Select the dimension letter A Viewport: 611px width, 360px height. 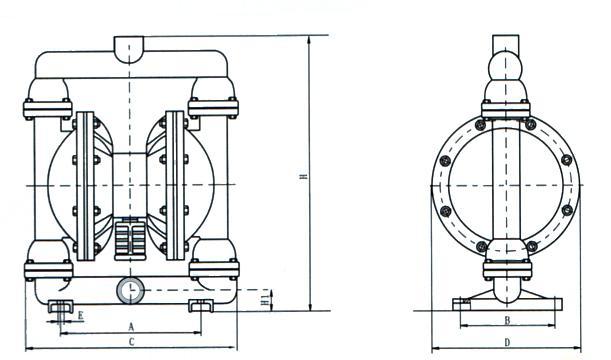click(131, 326)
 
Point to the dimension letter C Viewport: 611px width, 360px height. click(132, 342)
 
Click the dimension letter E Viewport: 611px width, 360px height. click(81, 316)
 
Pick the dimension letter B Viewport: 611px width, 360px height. click(507, 320)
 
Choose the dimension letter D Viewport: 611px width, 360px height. click(507, 342)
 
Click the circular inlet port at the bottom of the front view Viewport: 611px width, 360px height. click(130, 290)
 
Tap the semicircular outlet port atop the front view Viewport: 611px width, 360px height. click(129, 49)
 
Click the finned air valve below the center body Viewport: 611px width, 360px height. click(130, 238)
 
